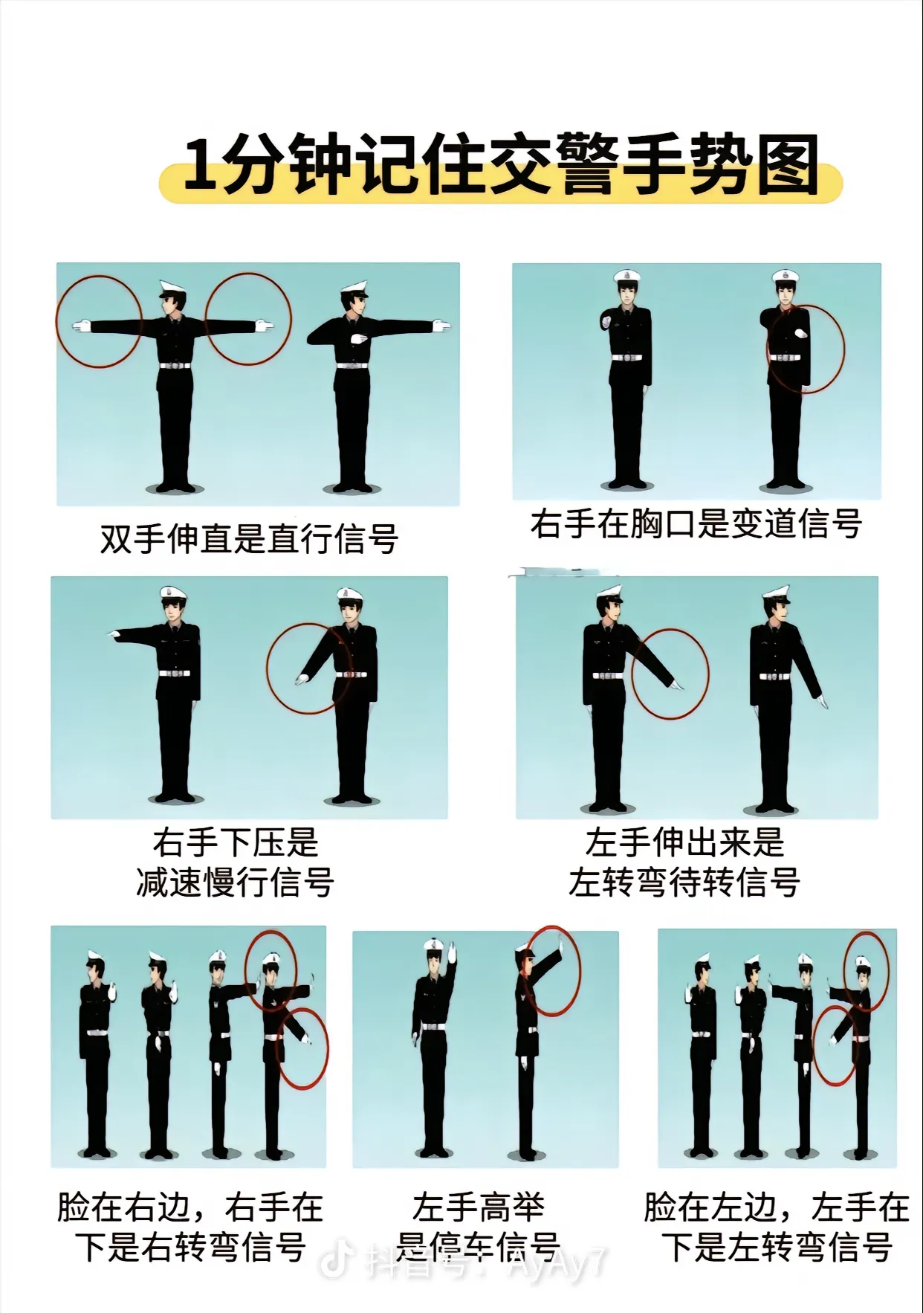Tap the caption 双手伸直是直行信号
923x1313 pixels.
point(250,538)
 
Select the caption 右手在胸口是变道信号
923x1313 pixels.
point(696,523)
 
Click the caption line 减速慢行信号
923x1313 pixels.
point(236,883)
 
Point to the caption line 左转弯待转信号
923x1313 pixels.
point(684,883)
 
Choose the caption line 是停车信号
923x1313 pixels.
point(478,1246)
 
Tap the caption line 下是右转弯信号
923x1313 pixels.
point(191,1246)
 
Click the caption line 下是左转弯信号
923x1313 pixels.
point(777,1246)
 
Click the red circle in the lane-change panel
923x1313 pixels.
point(844,349)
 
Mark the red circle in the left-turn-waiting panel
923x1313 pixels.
point(708,674)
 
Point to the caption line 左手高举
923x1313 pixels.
point(479,1207)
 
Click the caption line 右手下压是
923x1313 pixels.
point(236,843)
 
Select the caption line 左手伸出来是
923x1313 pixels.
point(684,843)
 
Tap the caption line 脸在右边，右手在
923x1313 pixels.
point(191,1207)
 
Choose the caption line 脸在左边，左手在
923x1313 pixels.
point(777,1207)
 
